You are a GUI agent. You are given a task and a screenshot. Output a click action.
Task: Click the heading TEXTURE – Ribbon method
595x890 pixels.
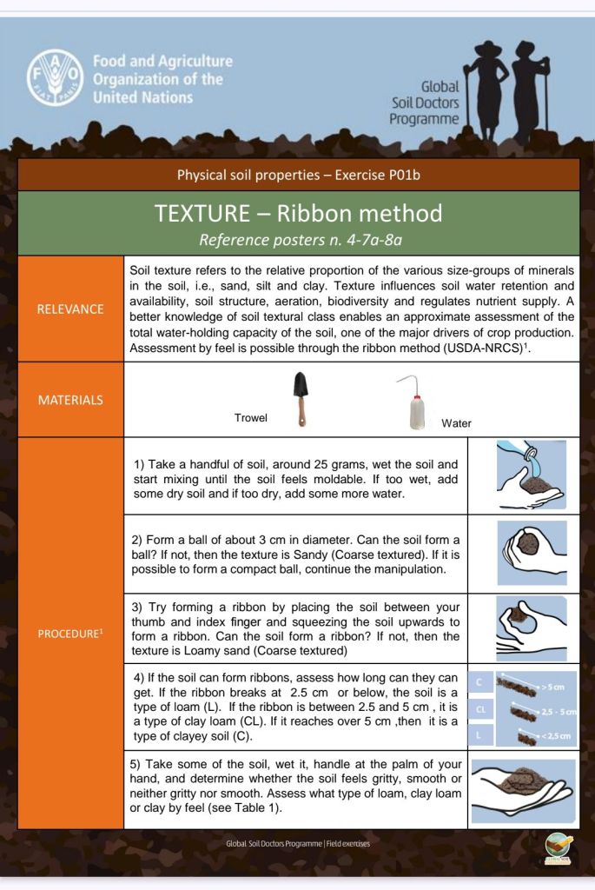pos(298,213)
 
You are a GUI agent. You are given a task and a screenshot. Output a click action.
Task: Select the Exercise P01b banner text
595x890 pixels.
pos(298,175)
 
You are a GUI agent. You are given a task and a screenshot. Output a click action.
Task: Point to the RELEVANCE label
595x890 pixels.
pos(70,309)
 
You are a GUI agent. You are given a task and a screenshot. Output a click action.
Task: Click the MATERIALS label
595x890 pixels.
pos(70,400)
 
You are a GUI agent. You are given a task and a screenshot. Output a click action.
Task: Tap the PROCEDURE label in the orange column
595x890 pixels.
pos(70,633)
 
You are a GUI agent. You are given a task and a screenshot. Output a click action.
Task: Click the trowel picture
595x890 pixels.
pos(300,399)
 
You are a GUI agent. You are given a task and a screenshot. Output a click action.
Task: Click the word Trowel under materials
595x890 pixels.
pos(251,418)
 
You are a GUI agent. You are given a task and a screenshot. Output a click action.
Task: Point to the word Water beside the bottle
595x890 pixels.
pos(456,423)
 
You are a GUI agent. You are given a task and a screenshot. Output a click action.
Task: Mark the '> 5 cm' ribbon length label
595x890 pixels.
pos(552,687)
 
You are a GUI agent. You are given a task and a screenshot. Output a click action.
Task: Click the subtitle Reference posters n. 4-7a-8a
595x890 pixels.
pos(298,239)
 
